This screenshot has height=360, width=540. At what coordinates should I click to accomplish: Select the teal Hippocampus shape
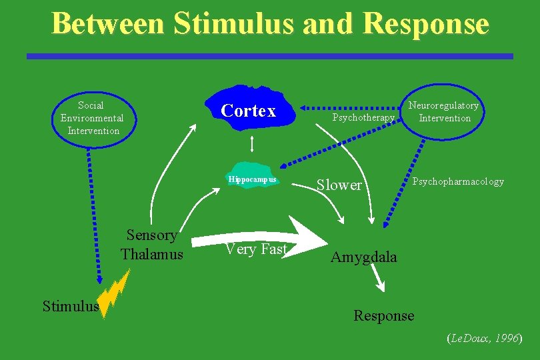coord(251,175)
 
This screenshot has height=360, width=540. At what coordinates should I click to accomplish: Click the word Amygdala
coord(363,257)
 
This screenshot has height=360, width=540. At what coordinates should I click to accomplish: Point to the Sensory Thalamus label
coord(152,245)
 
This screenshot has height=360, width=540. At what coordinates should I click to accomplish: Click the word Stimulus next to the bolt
coord(70,307)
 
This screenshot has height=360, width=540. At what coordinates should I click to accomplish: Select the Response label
coord(383,315)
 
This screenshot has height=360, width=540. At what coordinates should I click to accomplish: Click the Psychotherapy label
coord(363,118)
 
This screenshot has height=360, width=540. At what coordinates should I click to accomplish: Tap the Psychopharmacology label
coord(458,181)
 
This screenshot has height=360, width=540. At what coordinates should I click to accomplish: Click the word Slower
coord(339,185)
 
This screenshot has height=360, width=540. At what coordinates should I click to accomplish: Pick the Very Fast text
coord(255,249)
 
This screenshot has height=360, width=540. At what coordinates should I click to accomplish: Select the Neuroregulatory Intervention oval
coord(443,111)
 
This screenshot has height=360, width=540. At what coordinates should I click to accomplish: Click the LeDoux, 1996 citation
coord(483,339)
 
